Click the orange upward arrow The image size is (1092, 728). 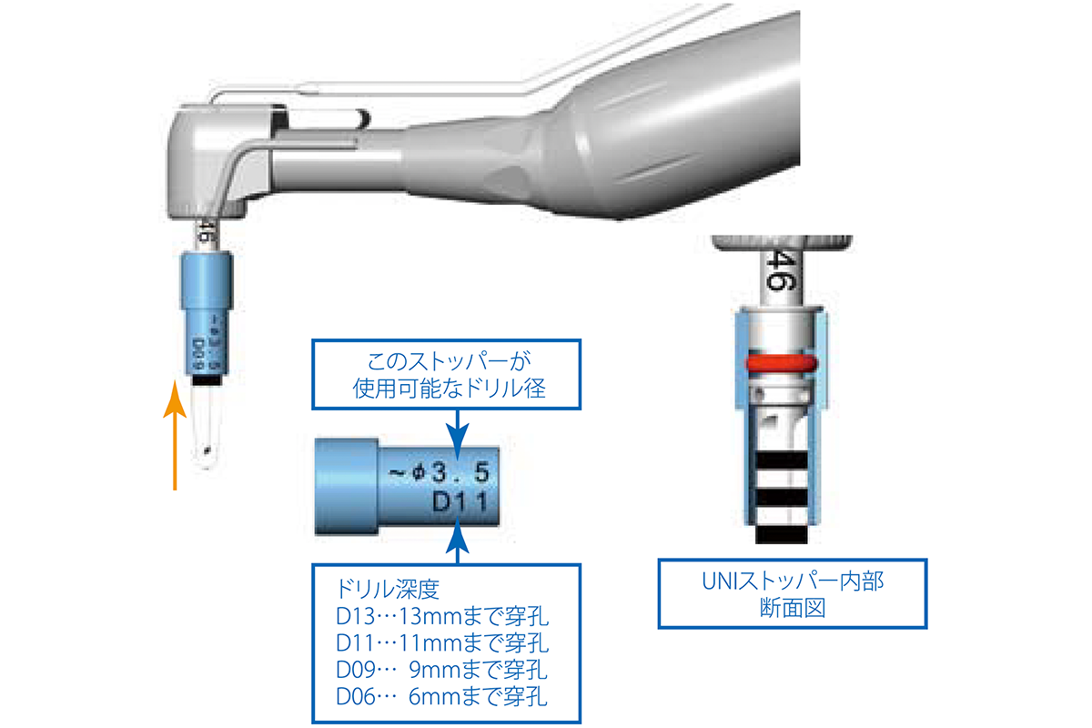tap(175, 435)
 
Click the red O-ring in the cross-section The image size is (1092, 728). tap(781, 364)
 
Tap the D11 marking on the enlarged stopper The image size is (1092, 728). tap(460, 502)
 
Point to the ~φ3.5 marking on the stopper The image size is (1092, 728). tap(439, 472)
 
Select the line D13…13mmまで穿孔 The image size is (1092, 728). tap(442, 616)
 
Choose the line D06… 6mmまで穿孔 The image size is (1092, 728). tap(441, 696)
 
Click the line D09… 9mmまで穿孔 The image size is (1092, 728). tap(441, 670)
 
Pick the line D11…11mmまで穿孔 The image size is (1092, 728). tap(442, 642)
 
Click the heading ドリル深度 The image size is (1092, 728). tap(388, 589)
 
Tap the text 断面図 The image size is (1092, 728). tap(793, 608)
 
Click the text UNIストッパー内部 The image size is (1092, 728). tap(793, 581)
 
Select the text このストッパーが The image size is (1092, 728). tap(449, 361)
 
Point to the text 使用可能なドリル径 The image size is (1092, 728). tap(449, 389)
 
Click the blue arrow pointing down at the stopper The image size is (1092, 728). tap(457, 434)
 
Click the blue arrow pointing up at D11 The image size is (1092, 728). tap(457, 541)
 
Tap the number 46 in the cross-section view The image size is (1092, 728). tap(782, 270)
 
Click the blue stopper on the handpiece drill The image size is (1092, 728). tap(207, 313)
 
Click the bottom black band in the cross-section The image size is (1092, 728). tap(782, 534)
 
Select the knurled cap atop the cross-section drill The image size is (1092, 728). tap(782, 243)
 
